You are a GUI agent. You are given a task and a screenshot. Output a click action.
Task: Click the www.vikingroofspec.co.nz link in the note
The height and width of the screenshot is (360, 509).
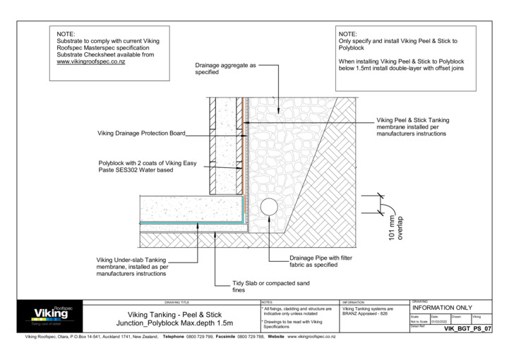[90, 62]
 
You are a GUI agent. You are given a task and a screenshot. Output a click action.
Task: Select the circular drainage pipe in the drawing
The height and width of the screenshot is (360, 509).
[269, 207]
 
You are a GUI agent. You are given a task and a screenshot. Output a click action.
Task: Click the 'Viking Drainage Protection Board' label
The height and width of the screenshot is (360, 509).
[140, 133]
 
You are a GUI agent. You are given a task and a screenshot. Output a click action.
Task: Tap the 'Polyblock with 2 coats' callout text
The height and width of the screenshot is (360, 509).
[147, 167]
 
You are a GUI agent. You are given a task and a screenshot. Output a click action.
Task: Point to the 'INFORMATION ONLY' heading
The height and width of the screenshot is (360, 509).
[441, 308]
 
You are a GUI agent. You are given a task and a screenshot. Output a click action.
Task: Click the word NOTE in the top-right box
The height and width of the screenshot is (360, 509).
[348, 34]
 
